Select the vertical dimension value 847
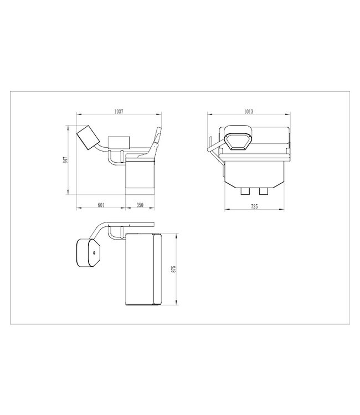(65, 160)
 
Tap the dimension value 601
(101, 205)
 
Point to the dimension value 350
(140, 205)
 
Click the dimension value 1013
(248, 111)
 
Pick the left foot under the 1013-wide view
(246, 191)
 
